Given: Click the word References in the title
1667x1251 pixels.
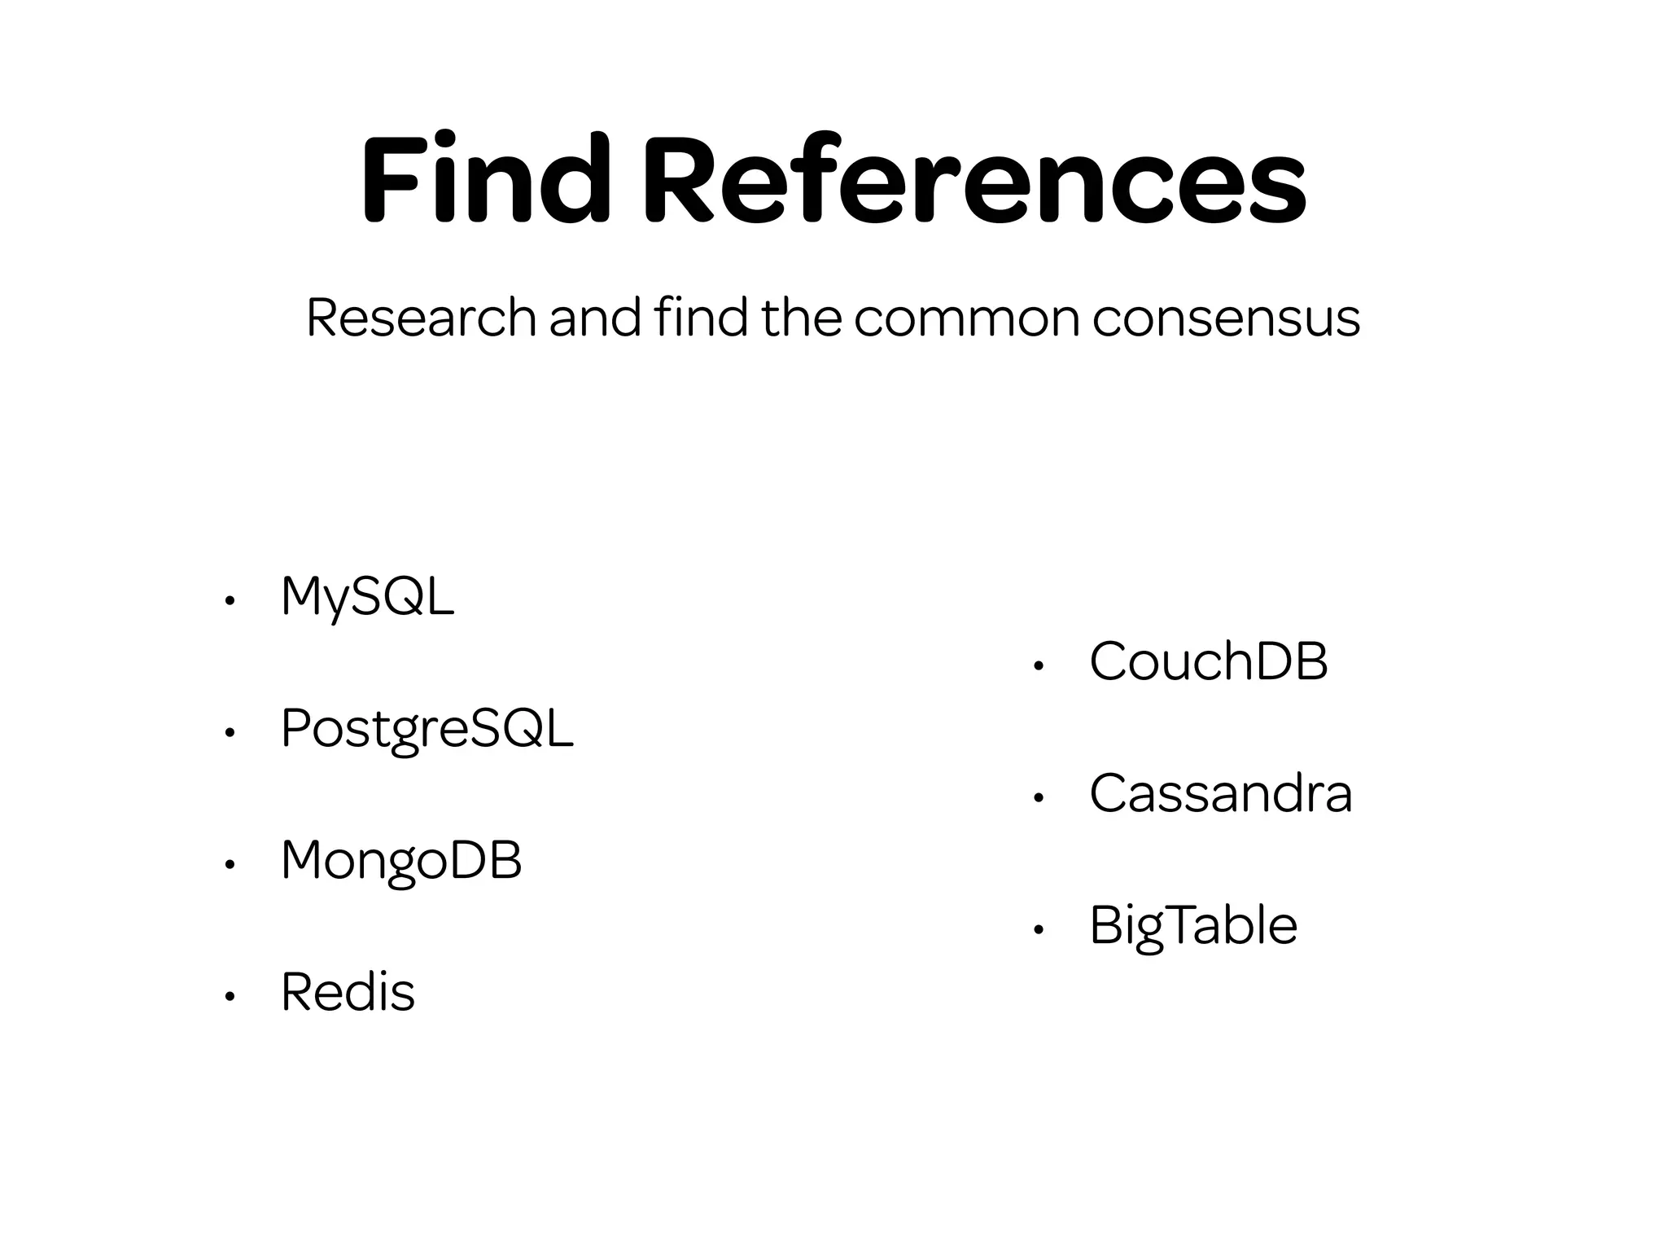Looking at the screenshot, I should pos(974,180).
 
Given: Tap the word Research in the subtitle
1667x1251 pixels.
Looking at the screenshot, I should pos(420,318).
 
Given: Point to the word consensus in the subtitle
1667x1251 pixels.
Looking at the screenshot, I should pos(1225,318).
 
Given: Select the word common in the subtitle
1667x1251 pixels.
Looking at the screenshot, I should pos(966,318).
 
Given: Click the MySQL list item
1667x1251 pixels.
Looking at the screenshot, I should pos(367,597).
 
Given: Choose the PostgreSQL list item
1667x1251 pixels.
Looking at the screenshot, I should pos(427,729).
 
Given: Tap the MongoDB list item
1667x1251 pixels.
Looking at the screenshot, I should pos(401,861).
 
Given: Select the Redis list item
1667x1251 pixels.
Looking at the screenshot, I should pos(348,993).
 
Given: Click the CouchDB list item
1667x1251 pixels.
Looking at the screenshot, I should pos(1208,661).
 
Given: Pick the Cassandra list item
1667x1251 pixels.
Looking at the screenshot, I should pos(1220,794).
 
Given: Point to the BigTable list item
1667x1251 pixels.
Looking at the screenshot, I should pos(1192,926).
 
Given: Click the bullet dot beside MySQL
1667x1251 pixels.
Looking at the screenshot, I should pos(230,601).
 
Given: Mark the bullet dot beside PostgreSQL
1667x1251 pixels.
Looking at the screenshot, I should pos(230,733).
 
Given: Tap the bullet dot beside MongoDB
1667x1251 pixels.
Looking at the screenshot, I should pos(230,865).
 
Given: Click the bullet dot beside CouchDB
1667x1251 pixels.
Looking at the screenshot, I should pos(1038,666).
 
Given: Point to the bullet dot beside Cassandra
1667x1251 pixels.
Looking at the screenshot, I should pos(1038,798).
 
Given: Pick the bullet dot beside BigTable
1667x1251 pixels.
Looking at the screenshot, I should pos(1038,930).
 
